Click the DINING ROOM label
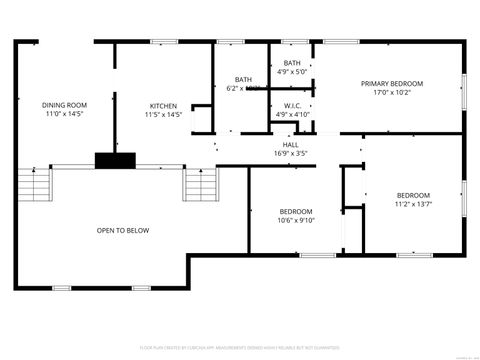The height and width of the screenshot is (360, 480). point(64,105)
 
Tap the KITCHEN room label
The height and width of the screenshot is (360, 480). point(164,105)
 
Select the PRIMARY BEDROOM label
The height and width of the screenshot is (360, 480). point(392,84)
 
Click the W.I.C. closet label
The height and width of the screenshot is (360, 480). point(292,105)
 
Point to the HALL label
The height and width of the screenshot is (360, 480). point(290,144)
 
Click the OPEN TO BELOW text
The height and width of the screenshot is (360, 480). point(123,231)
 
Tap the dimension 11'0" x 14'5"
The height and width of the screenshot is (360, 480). point(64,115)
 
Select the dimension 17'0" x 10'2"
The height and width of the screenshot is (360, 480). point(392,93)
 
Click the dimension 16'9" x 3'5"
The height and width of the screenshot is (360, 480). point(290,153)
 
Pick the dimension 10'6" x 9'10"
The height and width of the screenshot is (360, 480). point(296,221)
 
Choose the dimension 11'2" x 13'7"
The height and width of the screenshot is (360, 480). point(413,204)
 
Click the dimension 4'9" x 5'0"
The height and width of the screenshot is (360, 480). point(292,72)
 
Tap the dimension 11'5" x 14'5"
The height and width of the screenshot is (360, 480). point(164,115)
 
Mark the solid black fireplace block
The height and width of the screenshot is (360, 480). point(114,159)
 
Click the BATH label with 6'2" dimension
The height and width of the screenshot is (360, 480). point(243,80)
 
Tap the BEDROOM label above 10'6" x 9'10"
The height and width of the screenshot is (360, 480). point(296,211)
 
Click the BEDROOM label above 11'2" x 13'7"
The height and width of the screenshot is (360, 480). point(413,195)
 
